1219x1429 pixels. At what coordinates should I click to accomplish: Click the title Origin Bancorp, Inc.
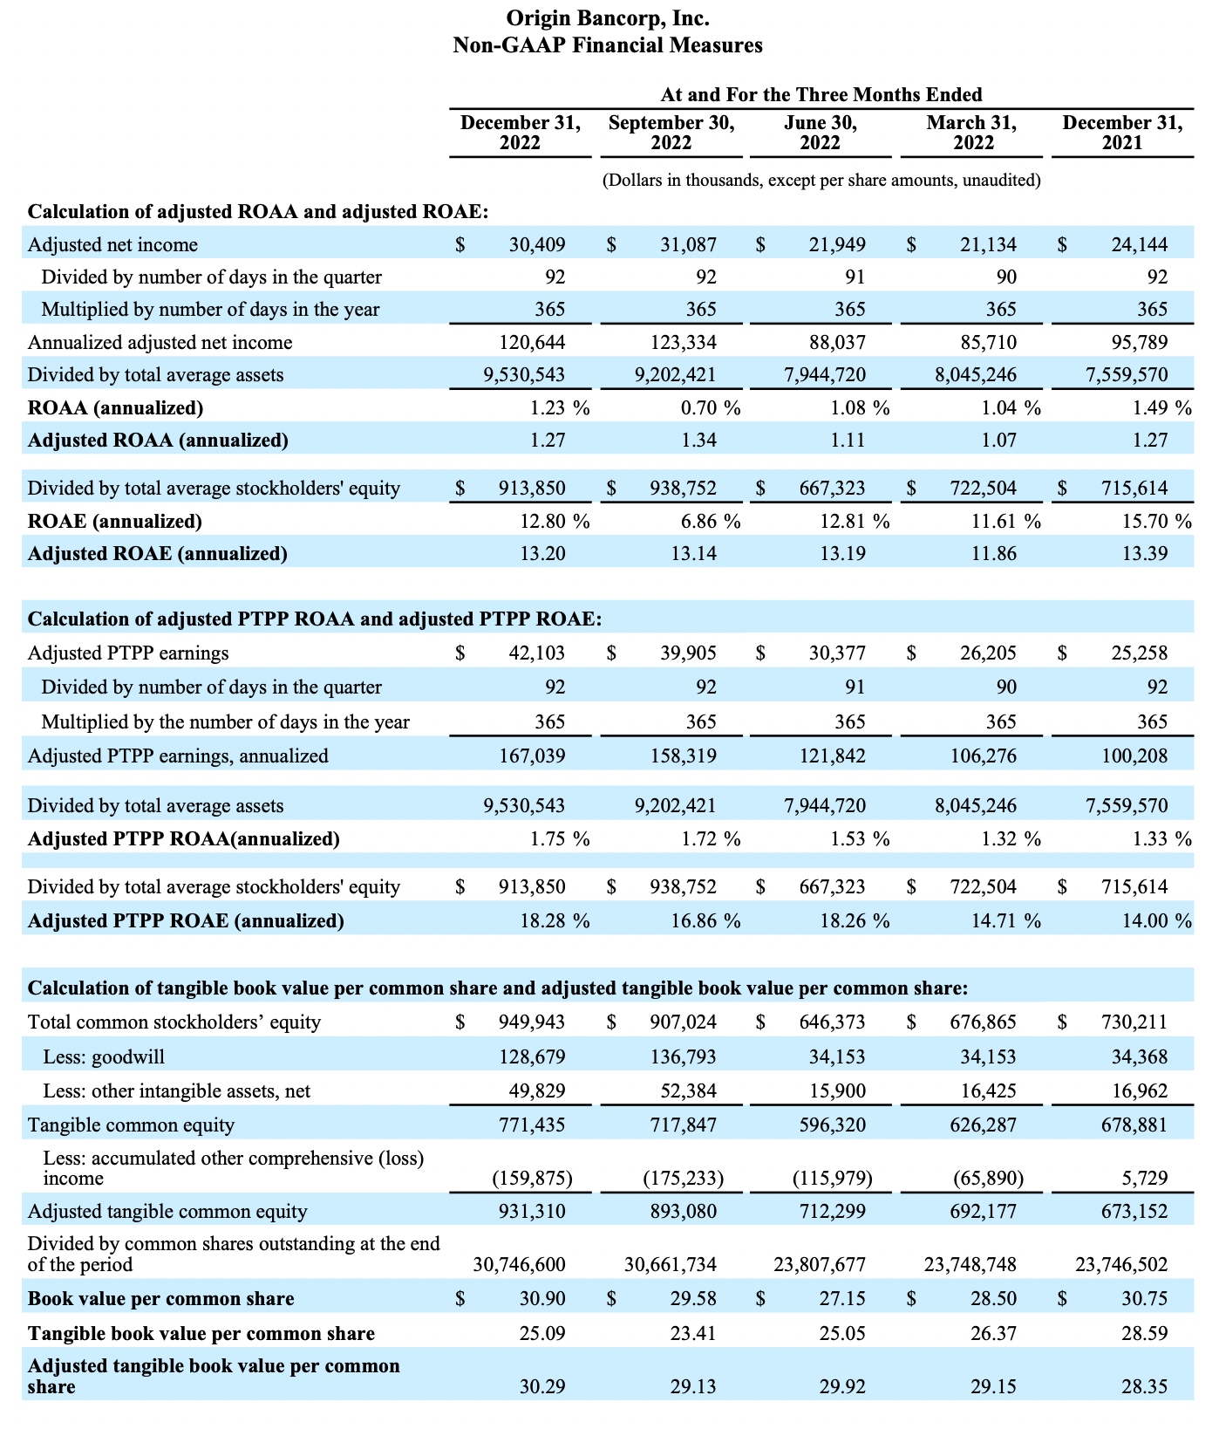[x=608, y=18]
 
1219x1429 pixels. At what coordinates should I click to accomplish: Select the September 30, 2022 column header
[x=671, y=133]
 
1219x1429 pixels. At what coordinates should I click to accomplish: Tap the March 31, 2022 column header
[x=971, y=133]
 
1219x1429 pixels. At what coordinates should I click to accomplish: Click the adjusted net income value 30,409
[x=537, y=245]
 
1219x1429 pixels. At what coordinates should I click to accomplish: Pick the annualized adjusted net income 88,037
[x=838, y=343]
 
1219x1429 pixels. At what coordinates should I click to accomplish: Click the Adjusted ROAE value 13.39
[x=1145, y=554]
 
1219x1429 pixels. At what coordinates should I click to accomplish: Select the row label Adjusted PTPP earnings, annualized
[x=178, y=756]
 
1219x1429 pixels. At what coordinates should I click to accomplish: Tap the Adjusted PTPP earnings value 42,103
[x=537, y=653]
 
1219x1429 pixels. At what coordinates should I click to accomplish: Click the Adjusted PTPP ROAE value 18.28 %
[x=555, y=921]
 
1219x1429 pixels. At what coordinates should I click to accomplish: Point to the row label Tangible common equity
[x=131, y=1125]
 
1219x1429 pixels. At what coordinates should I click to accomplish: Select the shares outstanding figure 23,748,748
[x=970, y=1265]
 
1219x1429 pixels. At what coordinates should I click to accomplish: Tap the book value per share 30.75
[x=1145, y=1299]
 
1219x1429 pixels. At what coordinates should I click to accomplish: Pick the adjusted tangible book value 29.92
[x=843, y=1387]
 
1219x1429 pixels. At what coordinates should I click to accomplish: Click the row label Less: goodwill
[x=104, y=1057]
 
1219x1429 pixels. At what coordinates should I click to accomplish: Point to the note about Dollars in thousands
[x=821, y=181]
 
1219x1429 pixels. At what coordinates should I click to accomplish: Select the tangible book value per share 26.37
[x=994, y=1334]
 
